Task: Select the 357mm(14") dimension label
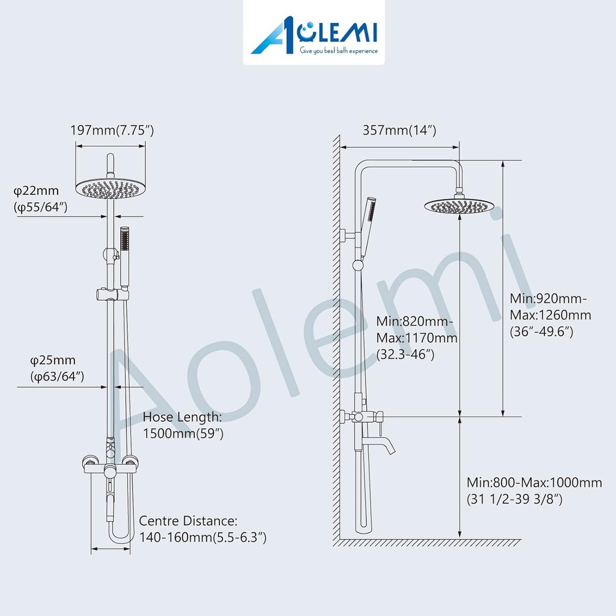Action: click(399, 131)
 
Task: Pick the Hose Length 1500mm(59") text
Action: click(183, 425)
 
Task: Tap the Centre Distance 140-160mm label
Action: click(202, 529)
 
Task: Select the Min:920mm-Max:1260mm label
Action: click(550, 315)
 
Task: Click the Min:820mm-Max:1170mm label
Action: click(416, 337)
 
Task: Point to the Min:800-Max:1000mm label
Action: click(534, 490)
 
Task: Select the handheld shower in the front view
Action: click(125, 256)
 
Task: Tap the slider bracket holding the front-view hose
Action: click(112, 295)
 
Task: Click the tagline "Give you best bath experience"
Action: click(339, 51)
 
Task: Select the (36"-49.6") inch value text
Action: click(541, 331)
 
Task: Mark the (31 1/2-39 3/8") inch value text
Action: click(515, 499)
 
